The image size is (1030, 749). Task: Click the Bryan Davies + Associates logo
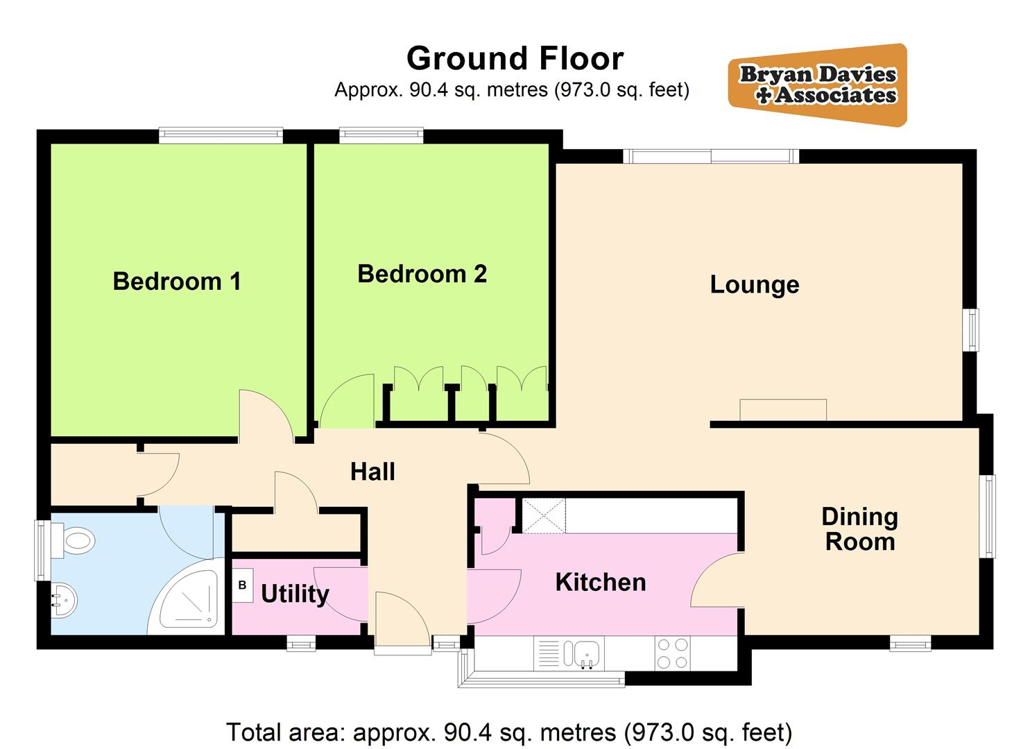(817, 85)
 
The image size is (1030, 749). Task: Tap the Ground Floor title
(515, 58)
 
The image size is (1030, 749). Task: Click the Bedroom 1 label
(177, 282)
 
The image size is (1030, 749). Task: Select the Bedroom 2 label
(422, 274)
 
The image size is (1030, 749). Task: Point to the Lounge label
(754, 285)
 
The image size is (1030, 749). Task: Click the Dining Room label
(859, 529)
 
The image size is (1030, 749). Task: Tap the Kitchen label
(600, 583)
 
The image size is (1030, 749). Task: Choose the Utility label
(295, 594)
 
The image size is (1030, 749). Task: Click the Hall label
(372, 472)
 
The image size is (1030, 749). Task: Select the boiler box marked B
(242, 585)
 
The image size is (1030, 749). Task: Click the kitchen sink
(586, 653)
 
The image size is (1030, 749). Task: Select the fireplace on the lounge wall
(782, 410)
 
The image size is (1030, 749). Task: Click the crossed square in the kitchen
(544, 516)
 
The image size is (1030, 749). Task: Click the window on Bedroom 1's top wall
(221, 135)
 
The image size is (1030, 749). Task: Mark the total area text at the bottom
(509, 732)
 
